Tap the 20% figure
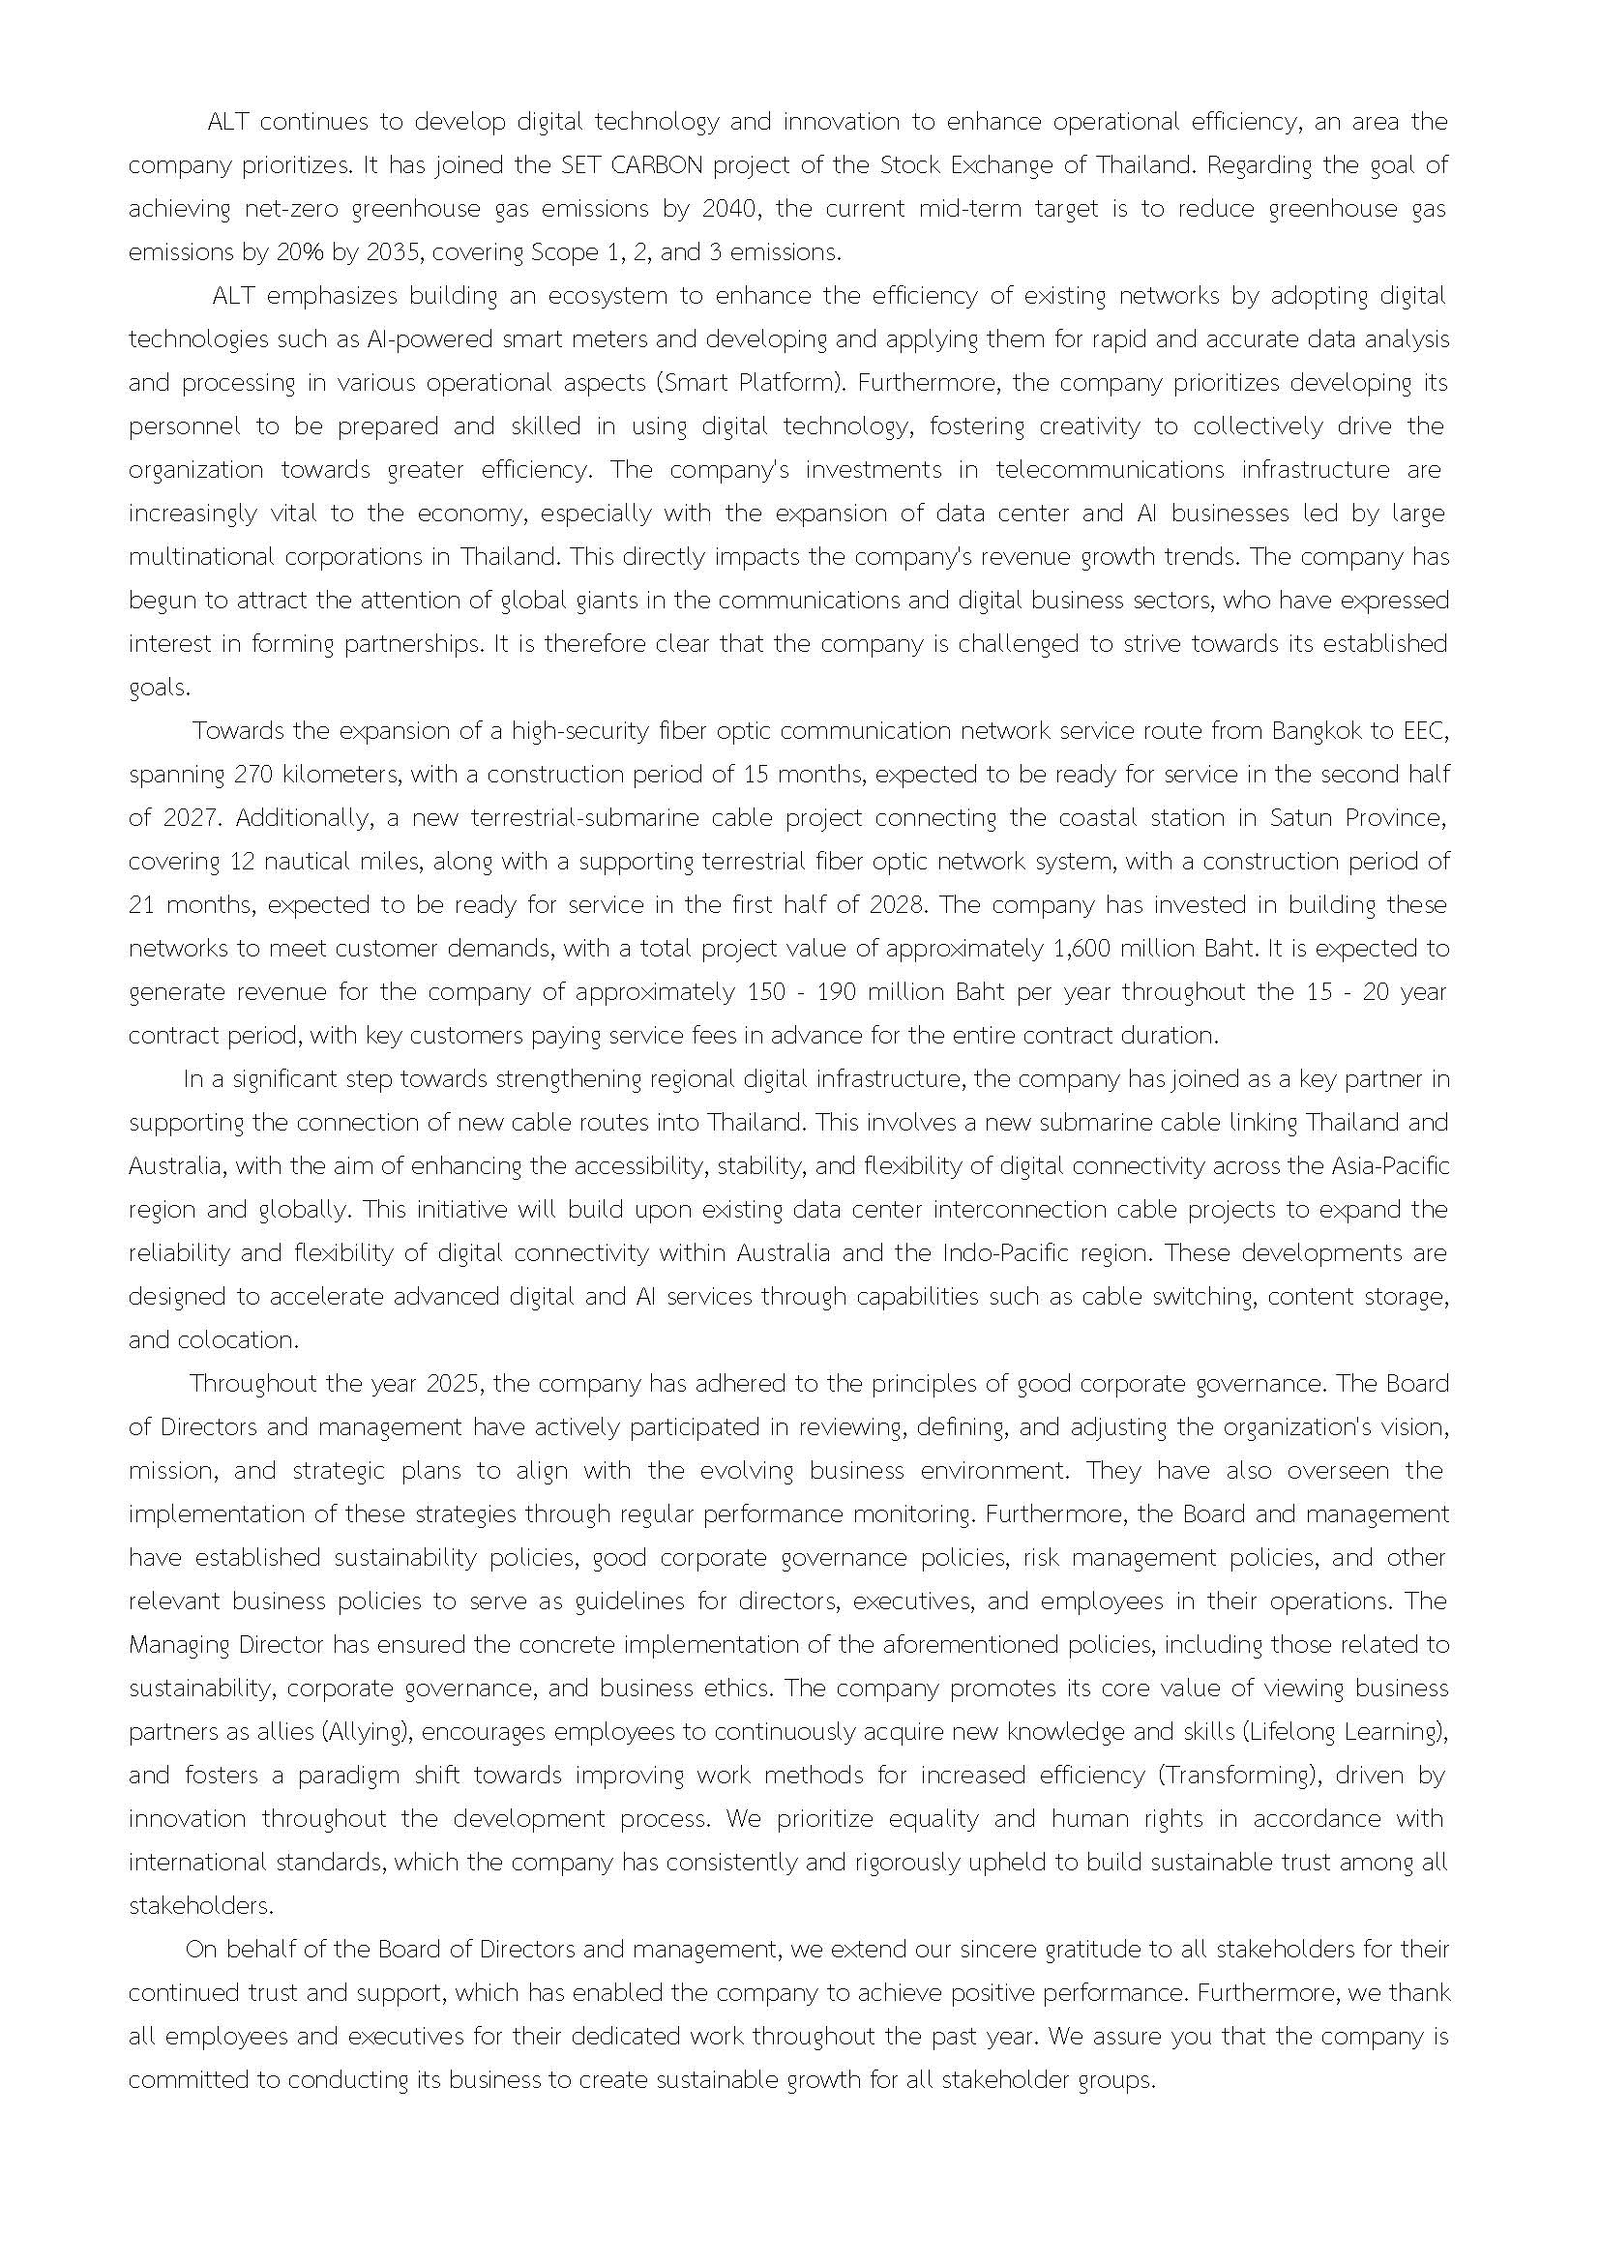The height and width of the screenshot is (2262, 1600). pyautogui.click(x=299, y=251)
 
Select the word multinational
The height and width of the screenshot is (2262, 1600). pyautogui.click(x=201, y=556)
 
